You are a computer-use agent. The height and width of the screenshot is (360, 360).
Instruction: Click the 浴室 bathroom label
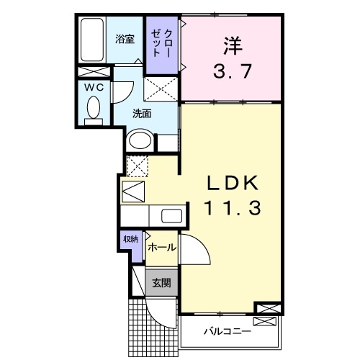126,40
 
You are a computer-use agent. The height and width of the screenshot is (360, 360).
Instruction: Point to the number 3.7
230,72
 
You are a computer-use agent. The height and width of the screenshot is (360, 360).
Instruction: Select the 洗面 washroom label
142,113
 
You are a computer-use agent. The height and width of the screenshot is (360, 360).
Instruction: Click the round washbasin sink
140,140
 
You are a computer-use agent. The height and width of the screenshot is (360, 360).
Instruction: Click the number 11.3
231,209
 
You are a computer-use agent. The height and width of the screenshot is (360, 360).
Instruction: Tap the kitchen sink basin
171,215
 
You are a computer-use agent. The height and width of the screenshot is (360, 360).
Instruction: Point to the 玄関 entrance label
161,283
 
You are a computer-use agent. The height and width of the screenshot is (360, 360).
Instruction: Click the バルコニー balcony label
226,332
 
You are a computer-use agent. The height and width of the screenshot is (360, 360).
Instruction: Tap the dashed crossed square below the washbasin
137,164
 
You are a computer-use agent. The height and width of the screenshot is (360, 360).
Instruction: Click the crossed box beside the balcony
266,309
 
